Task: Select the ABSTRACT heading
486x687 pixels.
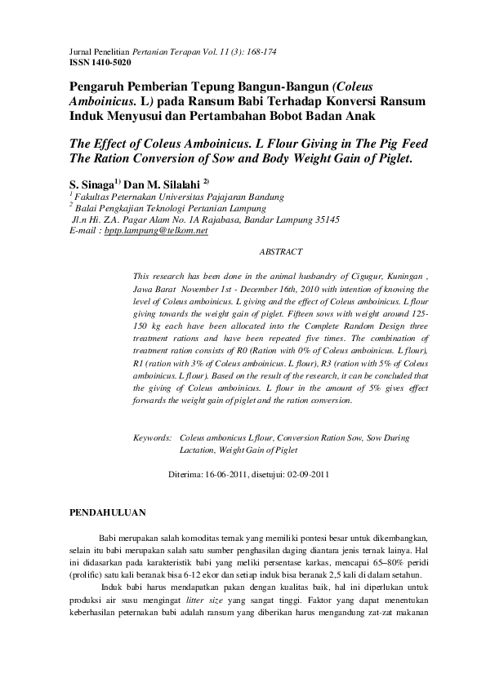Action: [280, 253]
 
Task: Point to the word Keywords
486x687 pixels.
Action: [152, 438]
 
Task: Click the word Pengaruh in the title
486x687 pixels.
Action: [99, 86]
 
